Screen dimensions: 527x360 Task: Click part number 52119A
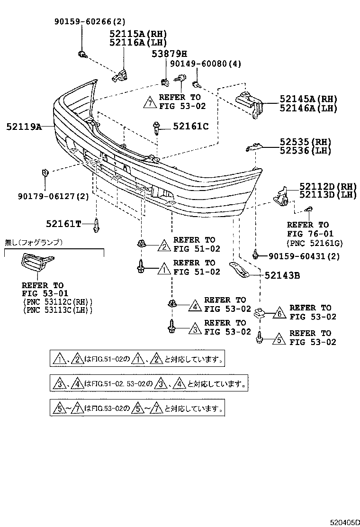24,127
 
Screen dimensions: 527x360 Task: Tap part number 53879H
169,54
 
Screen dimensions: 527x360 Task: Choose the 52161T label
63,223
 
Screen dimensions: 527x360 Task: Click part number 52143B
282,275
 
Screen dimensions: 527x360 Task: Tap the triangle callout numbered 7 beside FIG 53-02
150,102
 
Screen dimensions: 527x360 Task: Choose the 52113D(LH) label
322,195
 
